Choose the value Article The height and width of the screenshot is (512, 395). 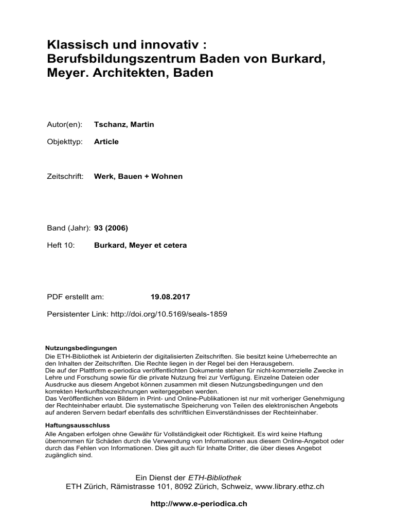click(x=106, y=142)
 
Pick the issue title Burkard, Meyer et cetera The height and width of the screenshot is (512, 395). click(x=140, y=245)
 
